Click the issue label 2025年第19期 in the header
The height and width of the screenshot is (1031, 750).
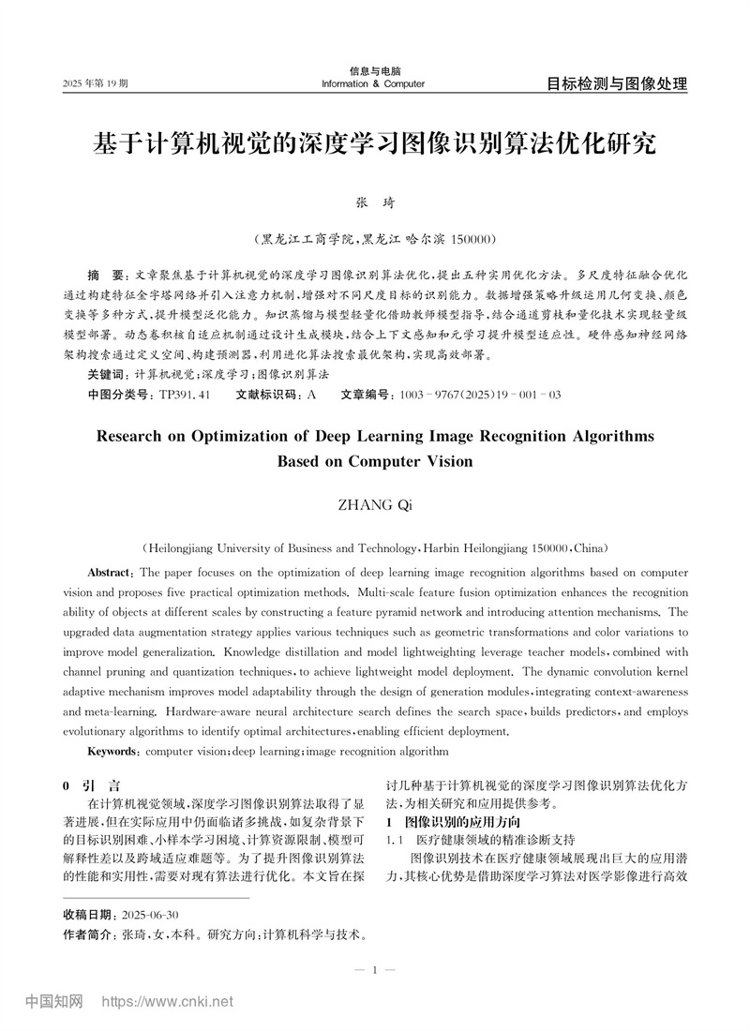tap(96, 84)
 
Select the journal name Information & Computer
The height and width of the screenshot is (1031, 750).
tap(372, 84)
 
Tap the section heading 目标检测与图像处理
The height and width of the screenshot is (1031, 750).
tap(617, 83)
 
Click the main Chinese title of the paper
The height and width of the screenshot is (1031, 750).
tap(374, 144)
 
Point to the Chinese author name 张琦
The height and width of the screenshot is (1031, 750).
tap(374, 202)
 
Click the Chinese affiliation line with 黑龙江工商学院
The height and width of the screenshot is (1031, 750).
tap(374, 239)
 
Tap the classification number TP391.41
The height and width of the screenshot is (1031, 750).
tap(184, 395)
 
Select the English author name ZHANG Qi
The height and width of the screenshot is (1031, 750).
tap(374, 505)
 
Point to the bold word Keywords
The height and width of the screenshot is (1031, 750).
tap(113, 751)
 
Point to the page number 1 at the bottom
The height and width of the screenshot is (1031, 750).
tap(374, 970)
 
